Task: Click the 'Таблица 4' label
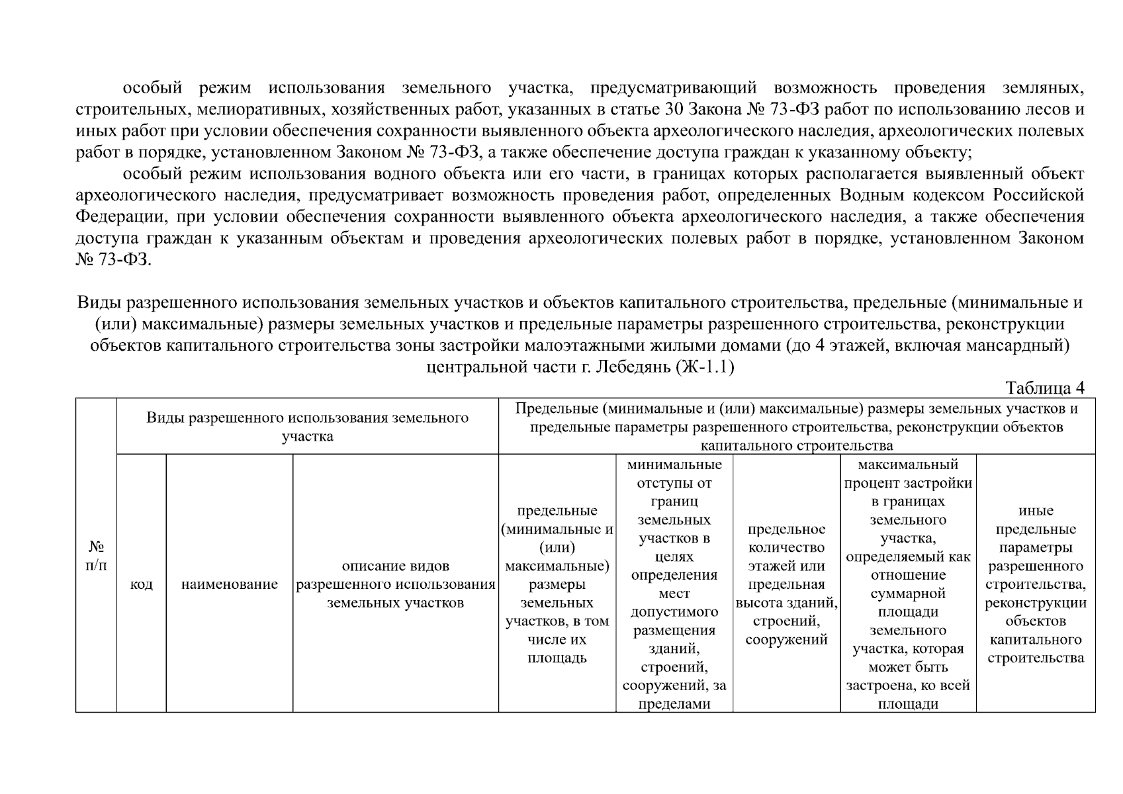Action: (1044, 388)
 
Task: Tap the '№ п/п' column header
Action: (96, 556)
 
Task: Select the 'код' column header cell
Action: (141, 584)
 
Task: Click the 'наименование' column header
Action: (229, 584)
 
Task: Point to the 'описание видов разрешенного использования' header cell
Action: (395, 584)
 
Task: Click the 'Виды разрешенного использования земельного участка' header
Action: (307, 427)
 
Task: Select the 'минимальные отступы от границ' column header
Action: (674, 584)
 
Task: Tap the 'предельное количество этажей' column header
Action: (786, 584)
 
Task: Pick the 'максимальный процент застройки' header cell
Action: (908, 584)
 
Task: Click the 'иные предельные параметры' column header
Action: (1036, 584)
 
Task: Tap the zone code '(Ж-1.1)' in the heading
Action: (705, 367)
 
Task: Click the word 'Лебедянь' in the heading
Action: (634, 367)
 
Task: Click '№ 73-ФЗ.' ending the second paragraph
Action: (114, 260)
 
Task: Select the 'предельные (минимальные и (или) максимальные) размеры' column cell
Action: (557, 584)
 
